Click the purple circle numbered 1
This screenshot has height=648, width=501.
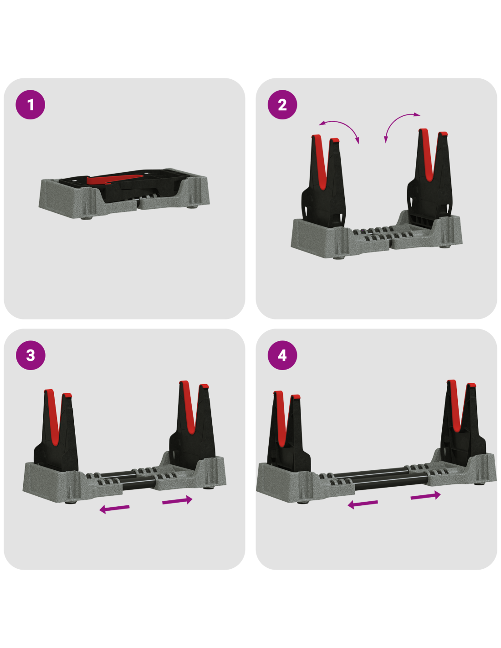click(31, 105)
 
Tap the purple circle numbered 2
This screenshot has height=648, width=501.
click(282, 105)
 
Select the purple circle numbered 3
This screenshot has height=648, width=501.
click(31, 355)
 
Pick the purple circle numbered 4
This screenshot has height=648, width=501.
click(282, 355)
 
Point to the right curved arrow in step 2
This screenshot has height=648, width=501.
click(395, 121)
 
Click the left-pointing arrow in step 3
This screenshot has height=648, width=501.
click(114, 508)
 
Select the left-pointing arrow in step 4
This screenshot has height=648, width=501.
click(363, 504)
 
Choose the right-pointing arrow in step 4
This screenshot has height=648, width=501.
click(425, 496)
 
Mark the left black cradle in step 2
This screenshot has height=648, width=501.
click(323, 182)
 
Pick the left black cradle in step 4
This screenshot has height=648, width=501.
click(287, 432)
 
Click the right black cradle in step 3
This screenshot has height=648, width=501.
click(192, 423)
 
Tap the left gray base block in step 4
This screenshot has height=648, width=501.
click(304, 483)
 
